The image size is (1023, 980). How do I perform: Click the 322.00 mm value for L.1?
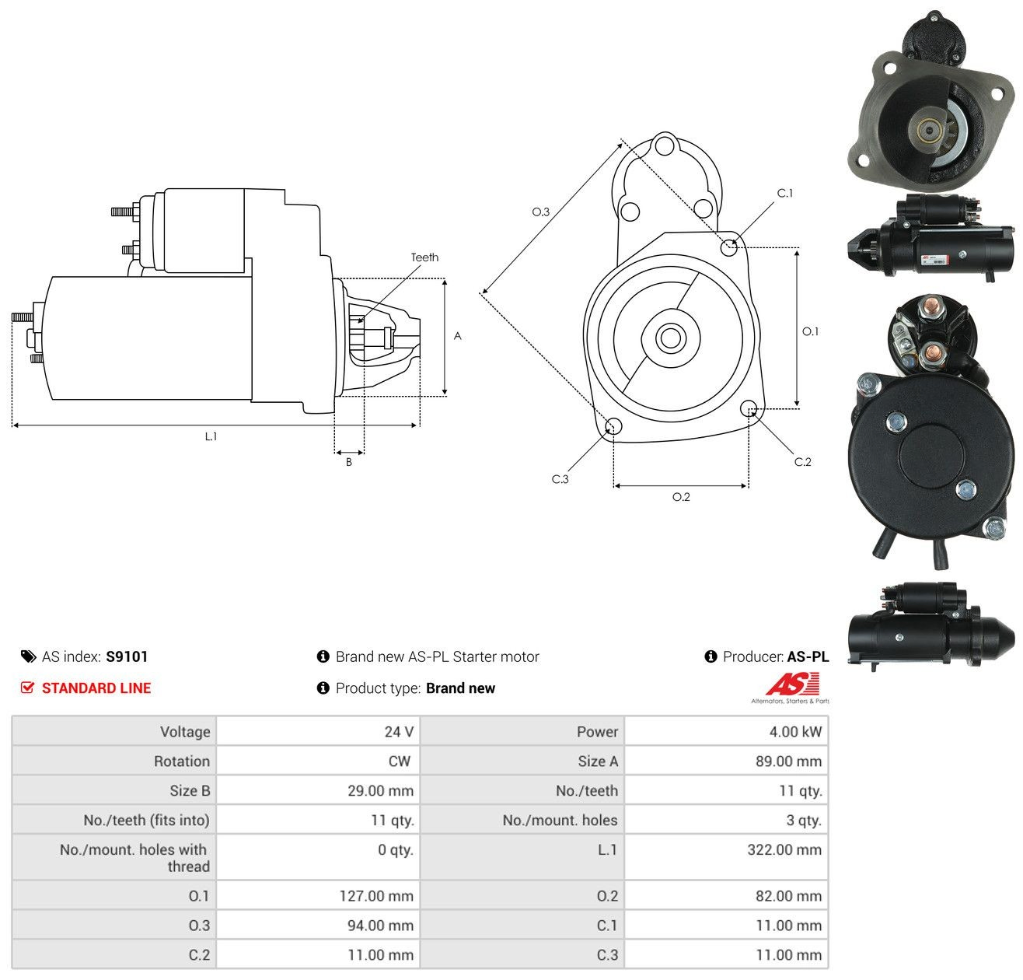pyautogui.click(x=784, y=849)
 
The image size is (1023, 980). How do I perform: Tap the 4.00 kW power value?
pyautogui.click(x=795, y=731)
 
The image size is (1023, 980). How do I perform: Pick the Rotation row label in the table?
pyautogui.click(x=182, y=761)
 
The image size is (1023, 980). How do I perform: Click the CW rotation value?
pyautogui.click(x=400, y=761)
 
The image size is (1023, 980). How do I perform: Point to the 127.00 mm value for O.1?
pyautogui.click(x=376, y=895)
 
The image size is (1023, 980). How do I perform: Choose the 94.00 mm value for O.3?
pyautogui.click(x=381, y=925)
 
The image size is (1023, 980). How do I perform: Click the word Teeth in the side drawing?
pyautogui.click(x=424, y=257)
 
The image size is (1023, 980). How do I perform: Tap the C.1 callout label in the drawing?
pyautogui.click(x=785, y=193)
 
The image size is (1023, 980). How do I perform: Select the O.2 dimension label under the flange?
pyautogui.click(x=681, y=496)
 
